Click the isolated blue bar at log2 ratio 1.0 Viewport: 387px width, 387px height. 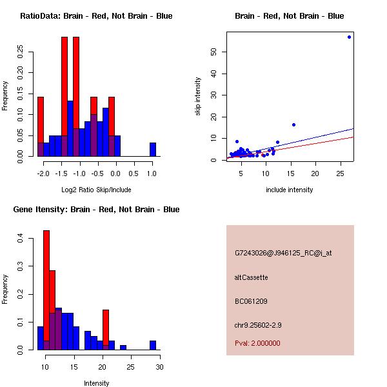(x=153, y=150)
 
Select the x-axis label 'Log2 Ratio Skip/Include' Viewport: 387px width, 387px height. (x=96, y=189)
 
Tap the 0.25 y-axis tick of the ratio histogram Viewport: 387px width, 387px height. (x=21, y=52)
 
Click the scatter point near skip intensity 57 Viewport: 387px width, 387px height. (x=349, y=37)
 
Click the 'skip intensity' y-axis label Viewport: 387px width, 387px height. (x=198, y=97)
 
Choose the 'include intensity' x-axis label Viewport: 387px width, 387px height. (x=290, y=190)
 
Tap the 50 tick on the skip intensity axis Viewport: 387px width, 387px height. (x=214, y=52)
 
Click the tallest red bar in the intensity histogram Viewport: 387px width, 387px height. (x=46, y=290)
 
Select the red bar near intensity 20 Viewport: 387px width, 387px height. (x=106, y=330)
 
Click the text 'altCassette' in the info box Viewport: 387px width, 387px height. (x=252, y=277)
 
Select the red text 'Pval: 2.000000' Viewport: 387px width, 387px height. (x=258, y=343)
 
